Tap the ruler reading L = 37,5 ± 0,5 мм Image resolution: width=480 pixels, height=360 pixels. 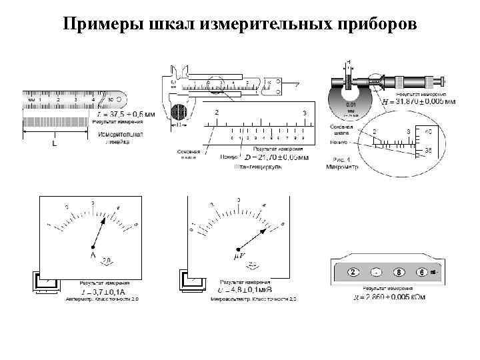pyautogui.click(x=125, y=114)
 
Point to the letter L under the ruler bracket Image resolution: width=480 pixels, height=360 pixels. pyautogui.click(x=54, y=143)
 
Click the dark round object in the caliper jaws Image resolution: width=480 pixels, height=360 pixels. pyautogui.click(x=180, y=111)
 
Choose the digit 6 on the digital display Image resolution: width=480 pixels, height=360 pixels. pyautogui.click(x=421, y=272)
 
